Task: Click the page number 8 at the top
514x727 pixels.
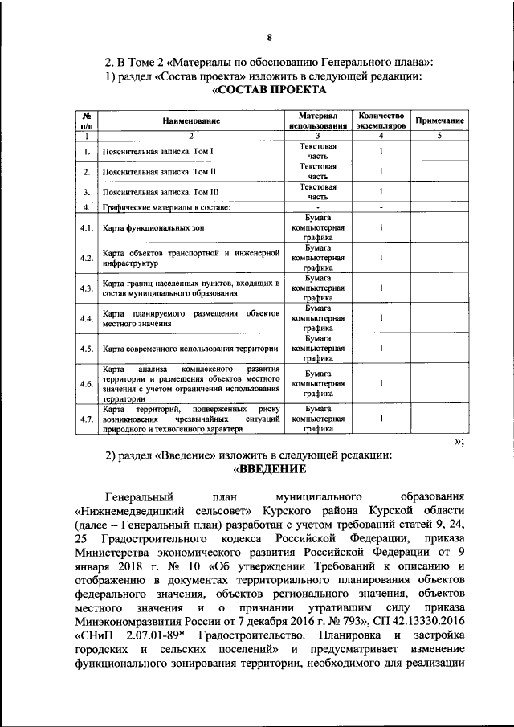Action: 270,37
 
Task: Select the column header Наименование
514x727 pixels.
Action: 190,120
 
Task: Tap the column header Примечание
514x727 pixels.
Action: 439,120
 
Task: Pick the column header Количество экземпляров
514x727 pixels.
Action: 380,120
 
